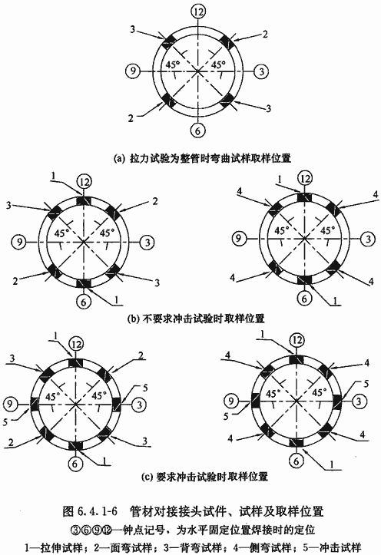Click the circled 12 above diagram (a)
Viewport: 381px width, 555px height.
[198, 12]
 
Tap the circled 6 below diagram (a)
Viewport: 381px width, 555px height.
[197, 130]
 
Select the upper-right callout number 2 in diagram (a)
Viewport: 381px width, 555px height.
[265, 34]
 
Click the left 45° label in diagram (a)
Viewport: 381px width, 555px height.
[173, 65]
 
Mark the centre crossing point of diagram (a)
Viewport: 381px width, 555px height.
[197, 71]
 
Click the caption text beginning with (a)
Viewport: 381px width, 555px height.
[201, 158]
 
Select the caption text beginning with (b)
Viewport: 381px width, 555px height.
[196, 319]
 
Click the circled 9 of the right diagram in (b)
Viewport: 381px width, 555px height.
[238, 238]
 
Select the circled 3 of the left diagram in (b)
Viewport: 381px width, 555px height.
[147, 242]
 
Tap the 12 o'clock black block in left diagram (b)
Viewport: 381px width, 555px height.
[84, 201]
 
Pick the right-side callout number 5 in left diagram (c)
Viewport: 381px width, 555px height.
[145, 388]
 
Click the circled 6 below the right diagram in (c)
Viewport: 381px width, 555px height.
[296, 461]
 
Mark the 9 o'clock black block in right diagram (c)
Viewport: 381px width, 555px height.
[255, 401]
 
